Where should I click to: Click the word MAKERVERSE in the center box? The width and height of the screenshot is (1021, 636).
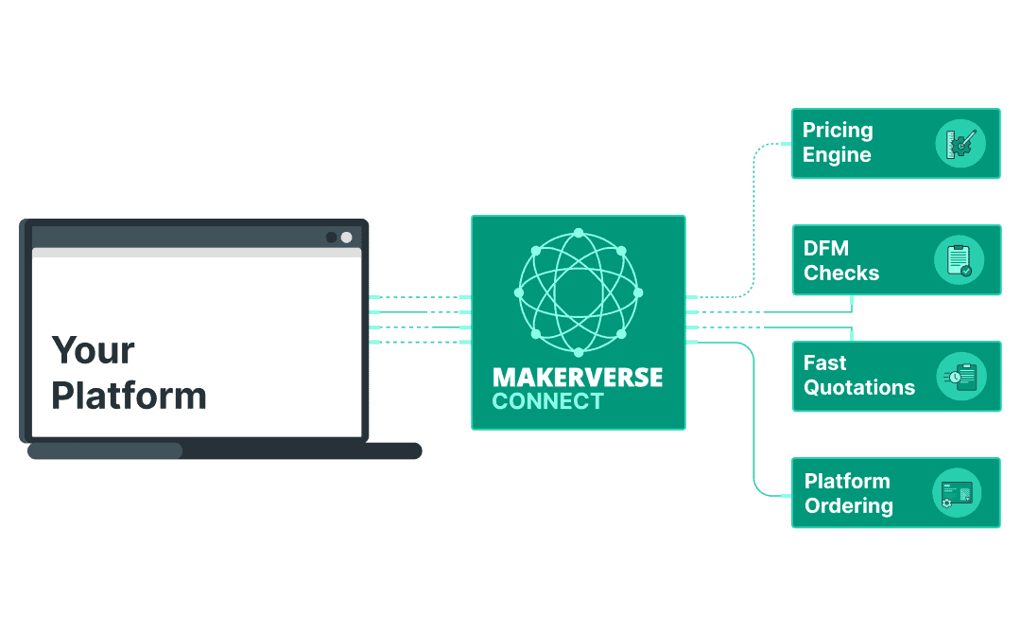point(578,377)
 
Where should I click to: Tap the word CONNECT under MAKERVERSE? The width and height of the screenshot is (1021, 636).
point(547,401)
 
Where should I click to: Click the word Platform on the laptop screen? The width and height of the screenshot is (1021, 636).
point(129,395)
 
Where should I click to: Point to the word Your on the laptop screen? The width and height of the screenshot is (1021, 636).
point(93,350)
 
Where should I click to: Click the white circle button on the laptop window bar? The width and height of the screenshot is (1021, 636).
point(347,237)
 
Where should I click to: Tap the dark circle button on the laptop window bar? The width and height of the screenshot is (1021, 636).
point(331,237)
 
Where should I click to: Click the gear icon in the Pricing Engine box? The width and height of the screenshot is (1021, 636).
point(960,144)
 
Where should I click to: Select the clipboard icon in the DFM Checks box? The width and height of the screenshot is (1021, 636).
point(959,260)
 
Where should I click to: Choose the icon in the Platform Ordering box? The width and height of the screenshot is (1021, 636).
point(957,493)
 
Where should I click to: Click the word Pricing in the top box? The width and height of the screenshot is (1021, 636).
point(838,131)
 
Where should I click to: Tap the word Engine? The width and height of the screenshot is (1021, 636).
point(837,155)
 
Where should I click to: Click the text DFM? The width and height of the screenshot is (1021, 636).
point(826,248)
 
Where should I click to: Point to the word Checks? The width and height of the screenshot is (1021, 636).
point(841,273)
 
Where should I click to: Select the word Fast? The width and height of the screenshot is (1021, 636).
point(825,363)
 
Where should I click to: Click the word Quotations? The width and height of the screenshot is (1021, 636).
point(859,387)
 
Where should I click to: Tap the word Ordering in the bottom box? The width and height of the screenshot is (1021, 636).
point(848,505)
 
